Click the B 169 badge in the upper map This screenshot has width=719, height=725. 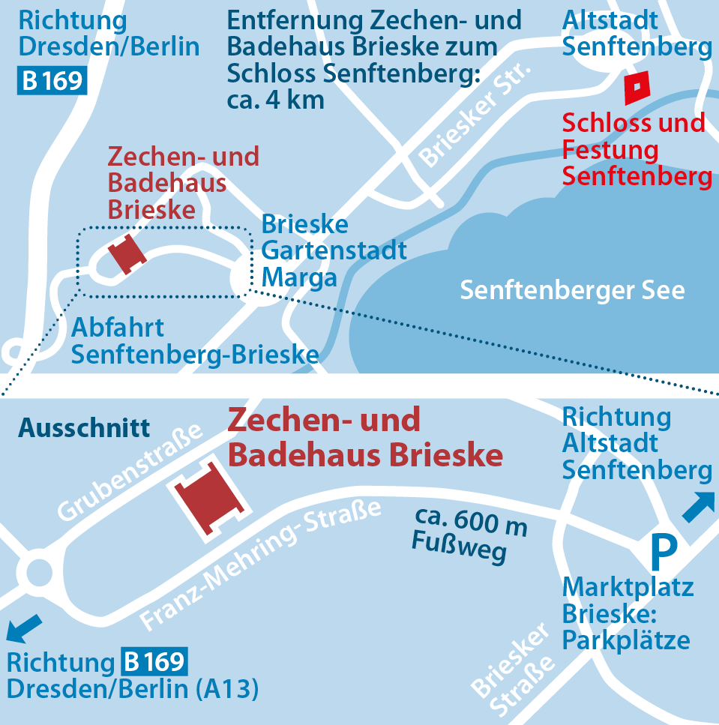click(52, 80)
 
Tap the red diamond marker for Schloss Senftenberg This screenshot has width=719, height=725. click(636, 88)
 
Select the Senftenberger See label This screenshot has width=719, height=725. click(572, 290)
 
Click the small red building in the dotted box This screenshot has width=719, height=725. click(126, 254)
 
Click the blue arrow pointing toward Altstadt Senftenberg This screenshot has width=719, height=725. click(698, 507)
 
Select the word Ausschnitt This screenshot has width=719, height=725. click(84, 428)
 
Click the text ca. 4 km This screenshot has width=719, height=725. click(276, 100)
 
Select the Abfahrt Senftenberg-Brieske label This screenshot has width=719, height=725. click(195, 341)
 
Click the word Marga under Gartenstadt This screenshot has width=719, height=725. click(298, 278)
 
